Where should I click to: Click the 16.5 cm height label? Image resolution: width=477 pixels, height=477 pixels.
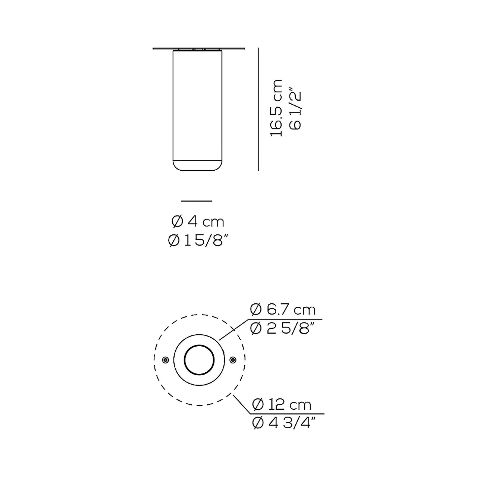click(276, 108)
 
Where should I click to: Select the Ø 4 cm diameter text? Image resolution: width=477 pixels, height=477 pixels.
click(198, 221)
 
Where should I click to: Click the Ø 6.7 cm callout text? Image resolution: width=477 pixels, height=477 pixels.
click(283, 310)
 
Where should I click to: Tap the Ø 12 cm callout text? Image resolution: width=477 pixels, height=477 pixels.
click(282, 405)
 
